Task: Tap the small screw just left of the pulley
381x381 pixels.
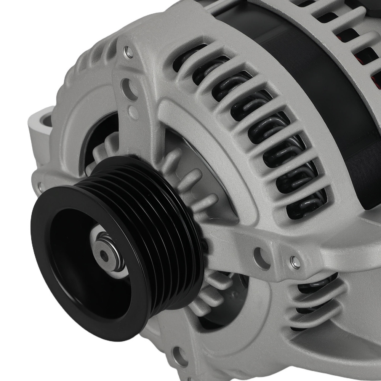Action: (40, 186)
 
